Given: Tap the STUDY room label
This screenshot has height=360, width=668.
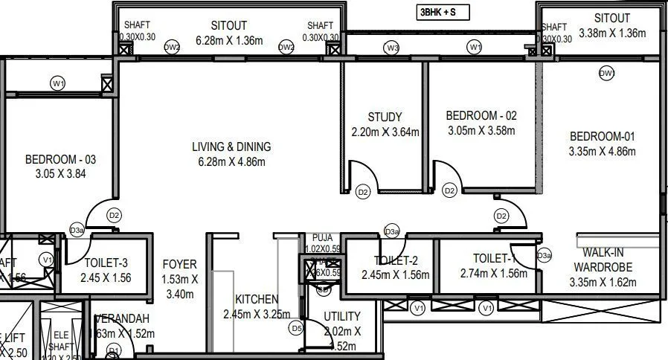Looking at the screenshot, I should click(385, 117).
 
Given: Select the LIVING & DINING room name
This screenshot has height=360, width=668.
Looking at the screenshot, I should click(231, 147).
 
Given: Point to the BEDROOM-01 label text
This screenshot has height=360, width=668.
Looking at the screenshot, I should click(603, 136).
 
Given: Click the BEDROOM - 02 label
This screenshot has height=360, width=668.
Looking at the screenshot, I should click(481, 115).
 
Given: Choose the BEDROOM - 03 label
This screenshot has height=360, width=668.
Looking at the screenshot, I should click(60, 159).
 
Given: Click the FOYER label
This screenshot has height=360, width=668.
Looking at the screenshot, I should click(179, 264).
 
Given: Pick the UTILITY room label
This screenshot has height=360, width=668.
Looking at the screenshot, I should click(342, 316).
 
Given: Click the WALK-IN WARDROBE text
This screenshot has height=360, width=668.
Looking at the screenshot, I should click(603, 260).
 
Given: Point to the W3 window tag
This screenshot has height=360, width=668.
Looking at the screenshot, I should click(392, 48).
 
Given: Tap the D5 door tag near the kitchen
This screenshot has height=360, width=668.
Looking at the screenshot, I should click(297, 327).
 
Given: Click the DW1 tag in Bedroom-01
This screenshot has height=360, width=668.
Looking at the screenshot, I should click(608, 73).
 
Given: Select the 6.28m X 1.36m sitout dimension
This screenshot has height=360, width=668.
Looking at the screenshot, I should click(229, 40).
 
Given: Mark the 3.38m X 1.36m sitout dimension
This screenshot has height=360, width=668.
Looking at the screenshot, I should click(612, 33).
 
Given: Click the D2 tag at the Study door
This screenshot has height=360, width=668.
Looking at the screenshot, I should click(362, 192).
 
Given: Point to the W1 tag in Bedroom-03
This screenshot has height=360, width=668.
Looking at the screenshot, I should click(58, 83).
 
